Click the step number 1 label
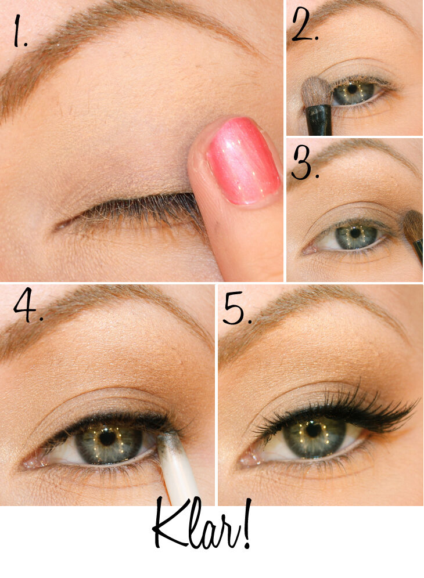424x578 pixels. point(20,32)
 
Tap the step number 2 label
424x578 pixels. point(304,24)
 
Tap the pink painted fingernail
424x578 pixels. point(242,160)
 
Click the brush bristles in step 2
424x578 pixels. point(313,92)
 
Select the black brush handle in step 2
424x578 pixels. point(319,120)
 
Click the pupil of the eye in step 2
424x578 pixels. point(353,89)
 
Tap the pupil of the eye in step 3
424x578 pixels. point(355,233)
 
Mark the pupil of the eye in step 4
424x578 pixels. point(108,438)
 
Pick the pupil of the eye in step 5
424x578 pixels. point(313,429)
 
